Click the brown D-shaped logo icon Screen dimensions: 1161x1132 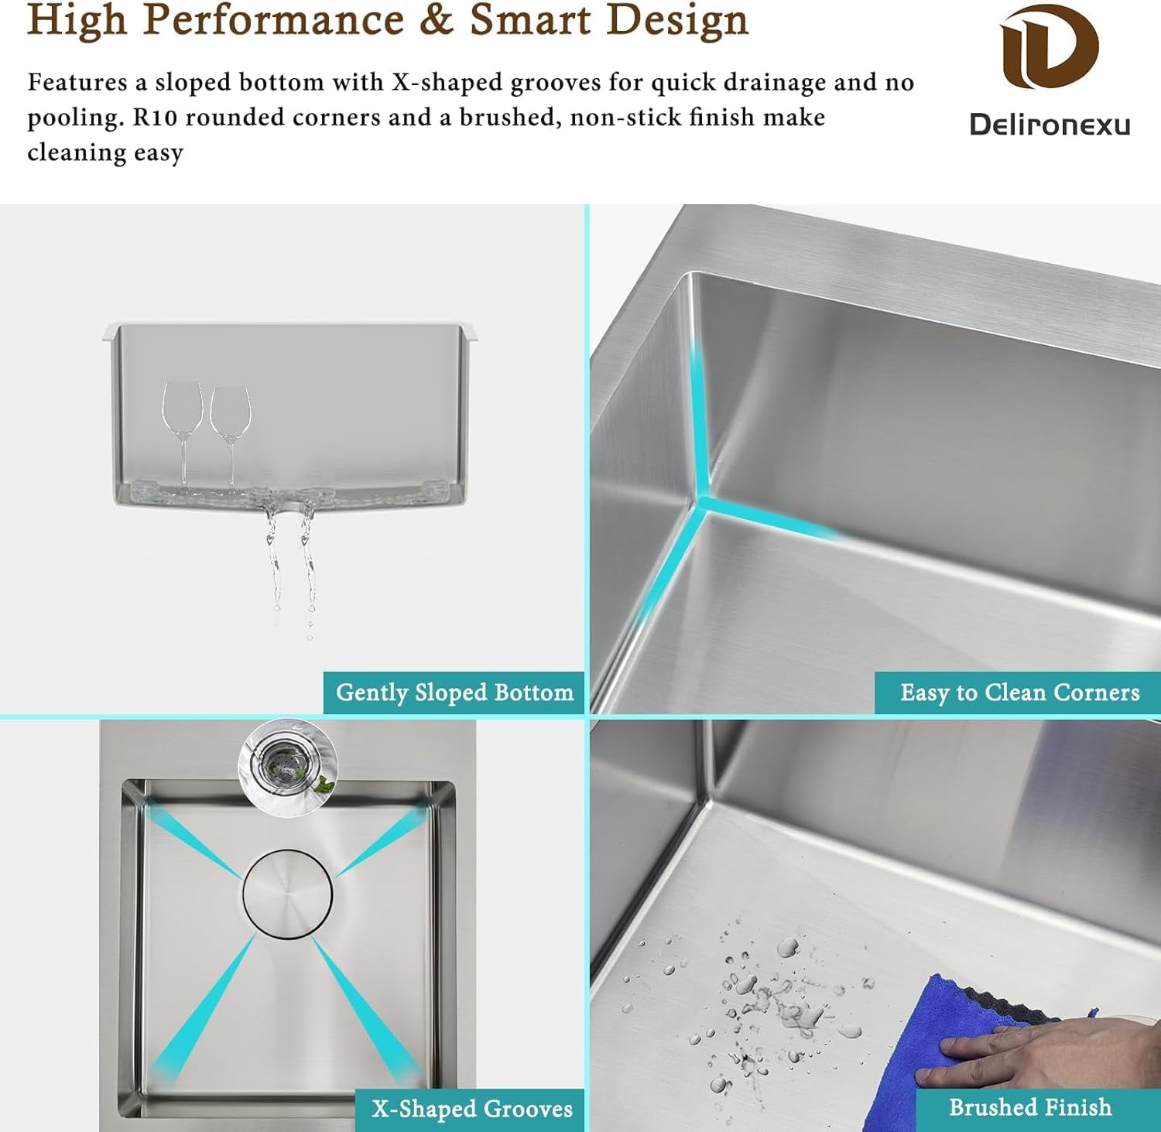point(1049,47)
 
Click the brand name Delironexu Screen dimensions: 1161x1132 point(1050,125)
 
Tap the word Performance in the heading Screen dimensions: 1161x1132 point(273,20)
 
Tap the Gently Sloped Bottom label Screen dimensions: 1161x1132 point(454,692)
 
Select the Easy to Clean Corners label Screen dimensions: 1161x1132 point(1019,692)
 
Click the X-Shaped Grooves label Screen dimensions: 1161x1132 point(471,1109)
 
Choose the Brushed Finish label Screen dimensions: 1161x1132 point(1030,1107)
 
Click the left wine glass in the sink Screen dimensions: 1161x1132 point(183,433)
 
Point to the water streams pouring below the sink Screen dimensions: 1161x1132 point(290,565)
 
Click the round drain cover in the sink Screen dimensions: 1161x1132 point(288,894)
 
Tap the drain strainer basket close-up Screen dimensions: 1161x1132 point(288,762)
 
